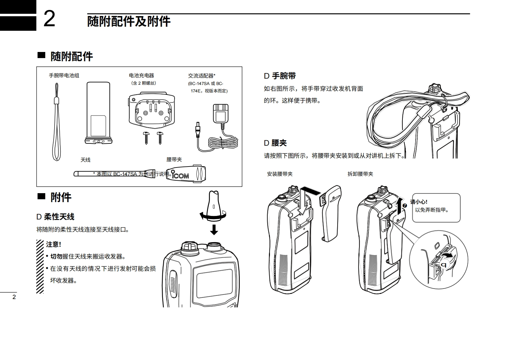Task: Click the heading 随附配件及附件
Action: [129, 21]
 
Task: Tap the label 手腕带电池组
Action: [64, 76]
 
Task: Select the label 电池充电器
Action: [142, 76]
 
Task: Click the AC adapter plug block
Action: [221, 113]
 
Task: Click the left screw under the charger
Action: [147, 137]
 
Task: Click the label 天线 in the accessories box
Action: [85, 160]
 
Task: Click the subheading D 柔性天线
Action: [55, 217]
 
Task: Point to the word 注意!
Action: [53, 244]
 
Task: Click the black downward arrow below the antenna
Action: [214, 229]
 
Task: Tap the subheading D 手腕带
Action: [280, 76]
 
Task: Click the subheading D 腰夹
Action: [275, 143]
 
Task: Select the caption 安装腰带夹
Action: [280, 174]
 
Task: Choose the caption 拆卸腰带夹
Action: [360, 174]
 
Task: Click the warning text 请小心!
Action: [419, 202]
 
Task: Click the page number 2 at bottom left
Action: [14, 297]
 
